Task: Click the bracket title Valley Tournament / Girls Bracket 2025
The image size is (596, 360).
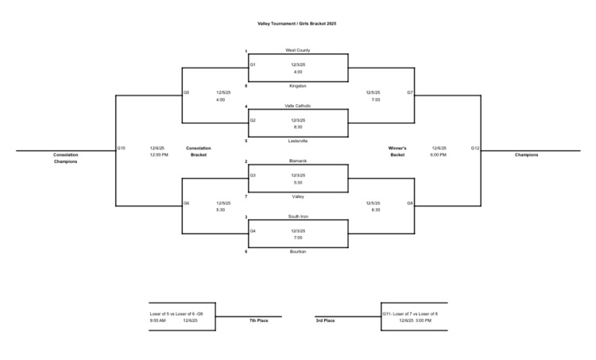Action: [297, 24]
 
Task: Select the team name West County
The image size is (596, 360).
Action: [298, 50]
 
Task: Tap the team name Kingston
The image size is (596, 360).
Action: [298, 85]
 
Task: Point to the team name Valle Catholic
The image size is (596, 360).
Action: [298, 106]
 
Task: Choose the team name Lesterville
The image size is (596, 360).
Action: [298, 141]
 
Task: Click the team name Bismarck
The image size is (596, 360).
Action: [298, 161]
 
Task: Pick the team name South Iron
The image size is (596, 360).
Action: [298, 216]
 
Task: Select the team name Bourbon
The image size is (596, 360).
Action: [298, 251]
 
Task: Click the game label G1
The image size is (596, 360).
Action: [253, 64]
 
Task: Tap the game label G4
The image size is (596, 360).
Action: [253, 230]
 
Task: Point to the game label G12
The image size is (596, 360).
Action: [474, 148]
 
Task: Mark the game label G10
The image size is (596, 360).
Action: [121, 148]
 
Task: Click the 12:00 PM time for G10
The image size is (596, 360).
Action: [159, 155]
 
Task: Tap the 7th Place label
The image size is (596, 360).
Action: [257, 320]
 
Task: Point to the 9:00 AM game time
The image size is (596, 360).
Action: [158, 320]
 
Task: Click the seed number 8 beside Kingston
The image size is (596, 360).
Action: [246, 85]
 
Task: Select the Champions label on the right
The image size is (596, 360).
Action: [526, 155]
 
